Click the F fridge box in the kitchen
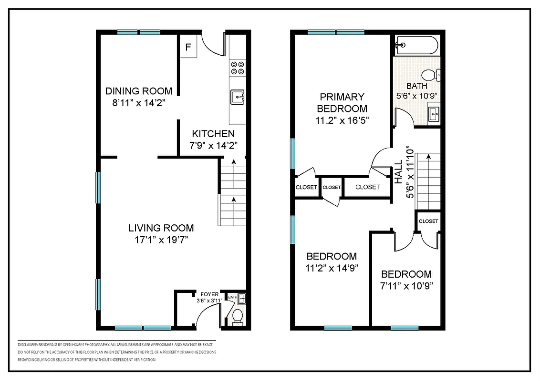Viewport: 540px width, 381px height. (x=188, y=47)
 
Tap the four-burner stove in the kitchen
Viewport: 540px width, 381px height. (x=237, y=68)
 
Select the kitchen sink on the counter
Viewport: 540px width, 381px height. (x=237, y=97)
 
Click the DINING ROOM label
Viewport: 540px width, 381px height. (x=135, y=91)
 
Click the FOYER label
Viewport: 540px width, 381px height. (x=209, y=294)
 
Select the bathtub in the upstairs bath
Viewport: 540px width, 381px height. (x=415, y=46)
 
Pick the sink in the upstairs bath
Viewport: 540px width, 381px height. (x=434, y=114)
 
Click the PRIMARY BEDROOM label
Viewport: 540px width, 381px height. (x=342, y=102)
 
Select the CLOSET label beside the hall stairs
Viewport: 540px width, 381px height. (x=428, y=221)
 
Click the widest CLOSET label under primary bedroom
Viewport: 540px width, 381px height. (x=367, y=187)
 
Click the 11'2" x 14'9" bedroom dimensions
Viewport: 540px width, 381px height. (x=332, y=268)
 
